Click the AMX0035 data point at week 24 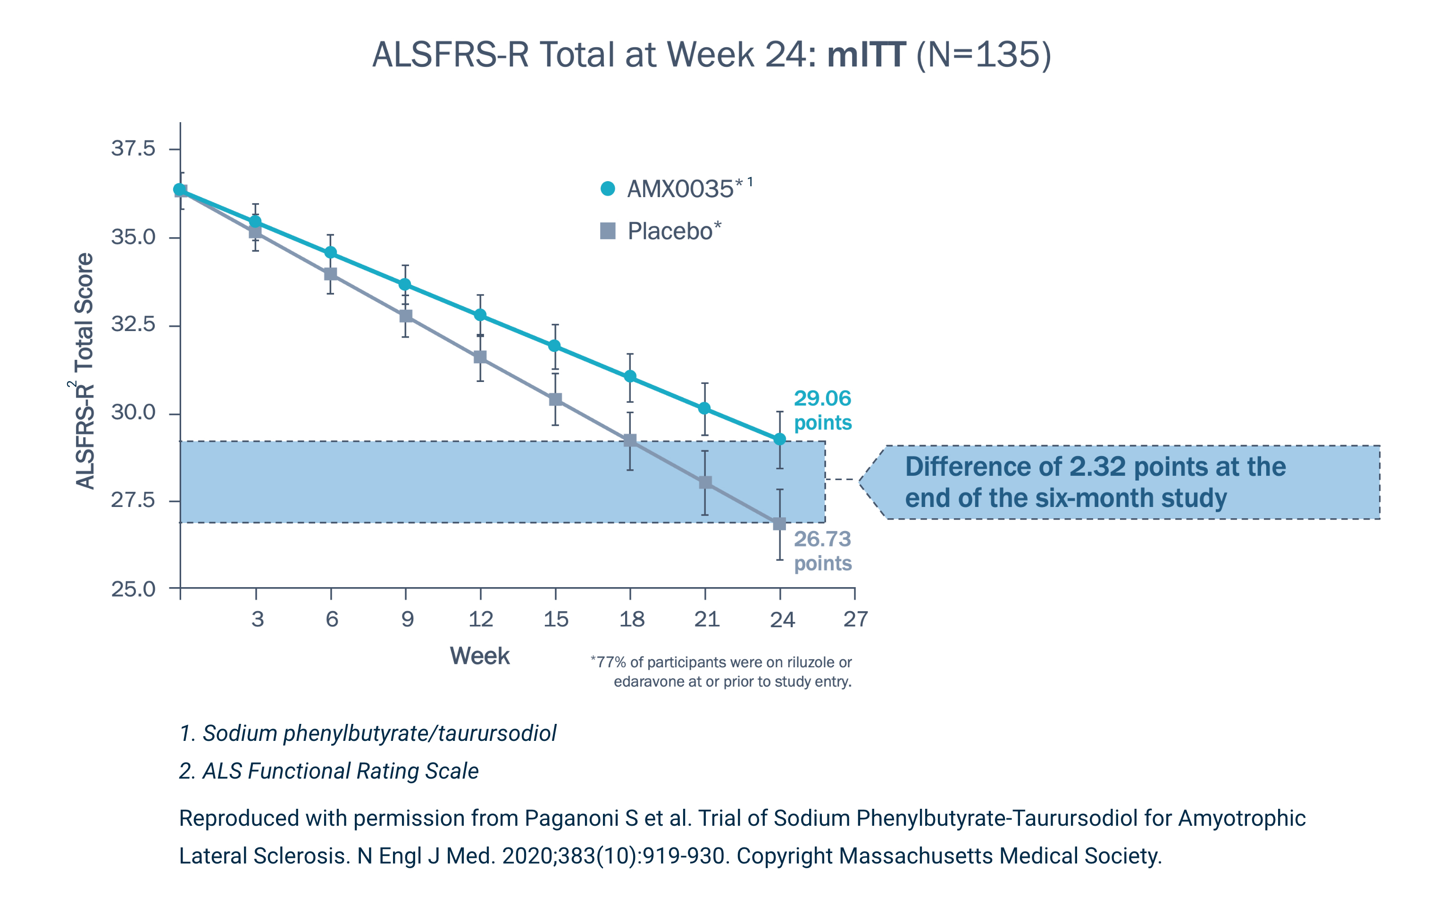point(779,440)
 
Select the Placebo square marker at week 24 point(779,523)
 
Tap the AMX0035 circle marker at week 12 point(480,315)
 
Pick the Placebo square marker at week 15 point(555,399)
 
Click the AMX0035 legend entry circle point(607,189)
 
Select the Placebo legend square point(607,231)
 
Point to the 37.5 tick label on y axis point(133,148)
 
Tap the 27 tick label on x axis point(855,619)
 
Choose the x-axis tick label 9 point(407,619)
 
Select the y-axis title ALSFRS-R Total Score point(85,370)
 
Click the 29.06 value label point(822,398)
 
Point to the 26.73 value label point(822,539)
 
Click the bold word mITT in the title point(867,55)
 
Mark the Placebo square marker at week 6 point(330,274)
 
